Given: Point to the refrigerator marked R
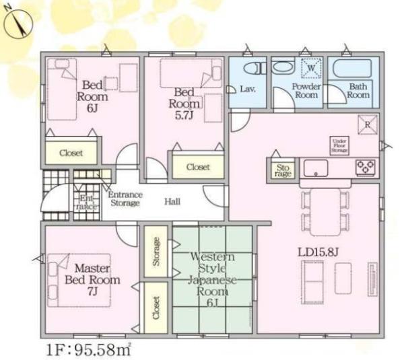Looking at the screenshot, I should pos(368,126).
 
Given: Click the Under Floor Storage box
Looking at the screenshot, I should pos(338,145).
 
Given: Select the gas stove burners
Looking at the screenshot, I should pos(366,167).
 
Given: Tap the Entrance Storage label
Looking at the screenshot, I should pos(125,199).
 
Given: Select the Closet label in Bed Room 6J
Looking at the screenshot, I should pos(71,153).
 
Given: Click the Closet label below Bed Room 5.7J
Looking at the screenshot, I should pos(197,166).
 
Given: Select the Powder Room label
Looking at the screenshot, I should pos(306,91).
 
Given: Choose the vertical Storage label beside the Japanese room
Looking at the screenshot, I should pos(156,252).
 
